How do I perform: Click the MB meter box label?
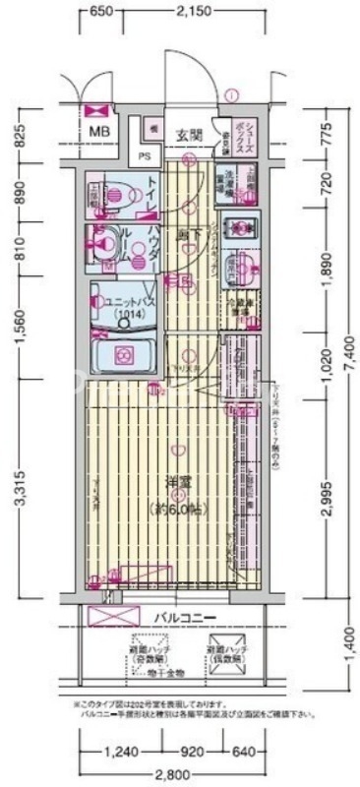(100, 131)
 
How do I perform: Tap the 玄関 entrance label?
(190, 135)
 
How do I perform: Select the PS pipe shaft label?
(145, 155)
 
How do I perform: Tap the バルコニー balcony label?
(184, 617)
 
